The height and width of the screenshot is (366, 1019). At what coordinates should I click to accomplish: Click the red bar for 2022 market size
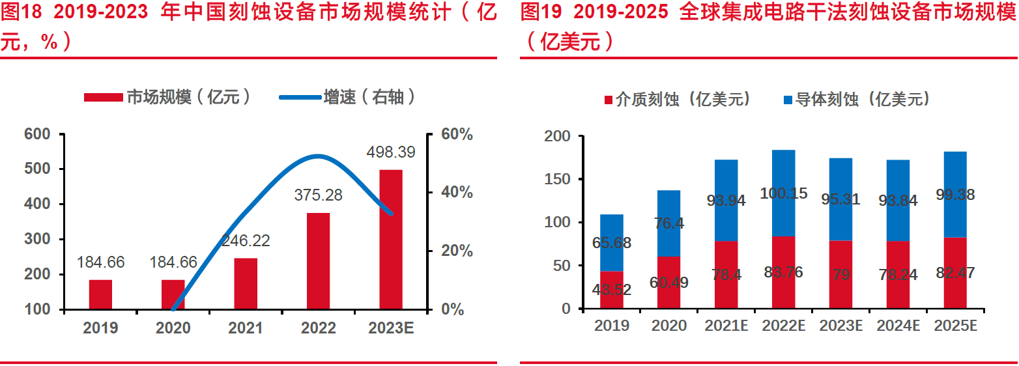point(318,260)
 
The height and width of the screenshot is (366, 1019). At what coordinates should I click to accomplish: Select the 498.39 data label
point(391,152)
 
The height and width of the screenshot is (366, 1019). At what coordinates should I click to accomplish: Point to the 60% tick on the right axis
point(456,135)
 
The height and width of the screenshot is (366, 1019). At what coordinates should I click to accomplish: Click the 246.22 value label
point(246,241)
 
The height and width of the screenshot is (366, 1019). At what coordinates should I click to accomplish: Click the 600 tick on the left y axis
point(37,135)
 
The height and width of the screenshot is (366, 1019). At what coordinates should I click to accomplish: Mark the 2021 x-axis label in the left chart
point(246,328)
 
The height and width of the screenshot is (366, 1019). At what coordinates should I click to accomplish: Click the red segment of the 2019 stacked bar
point(611,290)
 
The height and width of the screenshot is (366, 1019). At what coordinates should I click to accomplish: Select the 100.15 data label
point(783,193)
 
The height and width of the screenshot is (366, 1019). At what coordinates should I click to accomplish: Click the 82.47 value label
point(955,273)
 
